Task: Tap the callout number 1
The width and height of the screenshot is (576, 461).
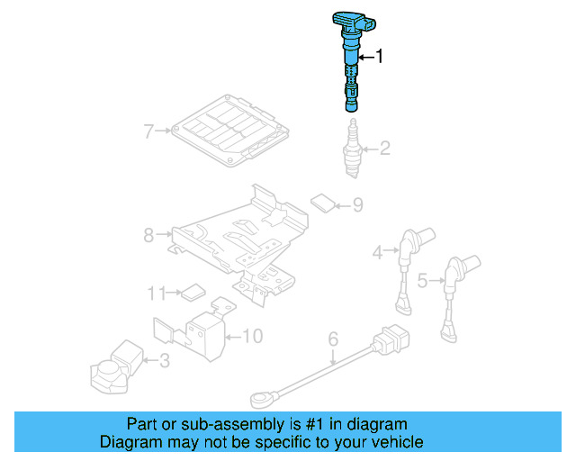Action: [x=379, y=57]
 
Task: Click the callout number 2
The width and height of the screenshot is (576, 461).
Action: [x=384, y=149]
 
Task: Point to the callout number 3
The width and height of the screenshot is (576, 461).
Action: [x=164, y=362]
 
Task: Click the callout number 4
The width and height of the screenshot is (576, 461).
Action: [x=378, y=254]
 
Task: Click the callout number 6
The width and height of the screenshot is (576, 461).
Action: [x=332, y=339]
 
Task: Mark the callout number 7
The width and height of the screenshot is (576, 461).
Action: [x=148, y=131]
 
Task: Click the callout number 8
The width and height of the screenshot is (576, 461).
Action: [x=148, y=236]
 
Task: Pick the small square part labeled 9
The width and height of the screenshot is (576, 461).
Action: [x=321, y=202]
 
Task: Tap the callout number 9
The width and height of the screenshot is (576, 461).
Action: [x=356, y=206]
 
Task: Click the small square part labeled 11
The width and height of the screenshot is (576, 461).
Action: [x=192, y=292]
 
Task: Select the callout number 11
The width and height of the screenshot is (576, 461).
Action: [x=157, y=293]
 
